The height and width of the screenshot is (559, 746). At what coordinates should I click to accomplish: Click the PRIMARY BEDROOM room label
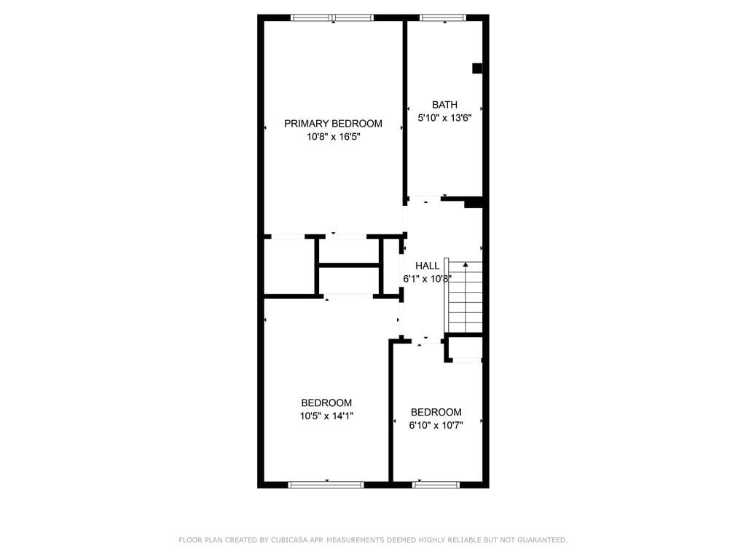click(x=333, y=124)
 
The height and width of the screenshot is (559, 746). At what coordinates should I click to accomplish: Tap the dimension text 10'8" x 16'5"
click(x=333, y=137)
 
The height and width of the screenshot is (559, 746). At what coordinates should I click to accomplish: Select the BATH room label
click(x=444, y=105)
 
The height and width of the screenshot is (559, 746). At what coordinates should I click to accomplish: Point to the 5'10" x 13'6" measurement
click(x=444, y=118)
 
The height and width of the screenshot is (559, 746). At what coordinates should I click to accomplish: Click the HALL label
click(x=427, y=266)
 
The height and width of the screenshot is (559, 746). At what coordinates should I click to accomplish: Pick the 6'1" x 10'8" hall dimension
click(x=427, y=279)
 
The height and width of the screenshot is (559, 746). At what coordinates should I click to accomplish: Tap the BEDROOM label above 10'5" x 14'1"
click(x=326, y=403)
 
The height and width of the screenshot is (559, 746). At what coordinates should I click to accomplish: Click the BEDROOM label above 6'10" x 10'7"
click(x=436, y=412)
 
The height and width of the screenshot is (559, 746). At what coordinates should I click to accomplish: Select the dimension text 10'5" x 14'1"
click(x=326, y=416)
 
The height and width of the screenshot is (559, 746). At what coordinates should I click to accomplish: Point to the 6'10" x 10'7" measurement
click(x=436, y=425)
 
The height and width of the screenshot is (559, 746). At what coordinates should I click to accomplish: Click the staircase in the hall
click(x=463, y=297)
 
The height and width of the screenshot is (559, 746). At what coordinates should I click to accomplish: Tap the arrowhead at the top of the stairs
click(x=466, y=263)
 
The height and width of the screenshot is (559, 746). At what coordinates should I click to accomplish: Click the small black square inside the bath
click(x=477, y=68)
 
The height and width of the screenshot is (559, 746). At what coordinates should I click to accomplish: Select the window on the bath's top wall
click(x=442, y=18)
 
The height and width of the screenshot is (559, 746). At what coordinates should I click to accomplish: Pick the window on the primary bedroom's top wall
click(x=332, y=18)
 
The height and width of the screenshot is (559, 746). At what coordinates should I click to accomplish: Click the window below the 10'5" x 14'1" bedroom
click(x=326, y=485)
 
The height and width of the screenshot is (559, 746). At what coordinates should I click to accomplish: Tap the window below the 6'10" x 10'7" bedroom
click(x=436, y=485)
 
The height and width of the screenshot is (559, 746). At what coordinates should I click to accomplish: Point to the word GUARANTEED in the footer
click(x=542, y=540)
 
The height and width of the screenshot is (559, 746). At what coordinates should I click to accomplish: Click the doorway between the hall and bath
click(x=425, y=199)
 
